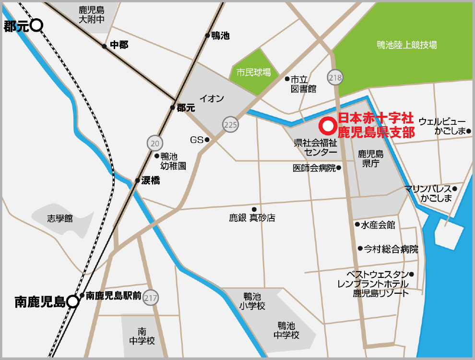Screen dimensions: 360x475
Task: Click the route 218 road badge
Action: [335, 77]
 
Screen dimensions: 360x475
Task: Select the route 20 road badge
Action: [154, 143]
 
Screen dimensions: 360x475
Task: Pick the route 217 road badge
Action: [151, 297]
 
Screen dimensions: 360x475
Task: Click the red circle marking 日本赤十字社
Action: [328, 126]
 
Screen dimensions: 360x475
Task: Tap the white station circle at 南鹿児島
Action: [72, 301]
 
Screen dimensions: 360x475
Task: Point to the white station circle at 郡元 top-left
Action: [37, 25]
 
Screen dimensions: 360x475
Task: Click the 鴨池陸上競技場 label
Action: [406, 45]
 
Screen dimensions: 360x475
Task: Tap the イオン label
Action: [212, 99]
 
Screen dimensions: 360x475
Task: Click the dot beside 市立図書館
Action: [287, 79]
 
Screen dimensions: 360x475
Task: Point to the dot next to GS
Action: [207, 140]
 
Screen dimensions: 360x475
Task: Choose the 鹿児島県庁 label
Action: [371, 159]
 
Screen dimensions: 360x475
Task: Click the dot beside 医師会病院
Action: [339, 168]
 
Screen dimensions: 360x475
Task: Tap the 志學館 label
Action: [60, 218]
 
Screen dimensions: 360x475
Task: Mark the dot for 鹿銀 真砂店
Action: [254, 209]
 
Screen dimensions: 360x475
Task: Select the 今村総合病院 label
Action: [391, 249]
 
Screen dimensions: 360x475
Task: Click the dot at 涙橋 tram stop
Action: [138, 181]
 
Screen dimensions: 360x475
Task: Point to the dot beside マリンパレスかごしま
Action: [455, 189]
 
